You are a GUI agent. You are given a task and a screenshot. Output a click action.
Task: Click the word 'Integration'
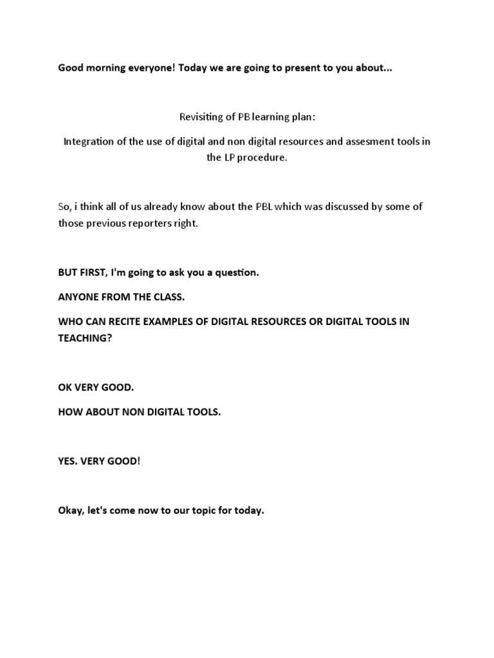pyautogui.click(x=88, y=141)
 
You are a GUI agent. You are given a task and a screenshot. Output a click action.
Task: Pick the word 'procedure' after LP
pyautogui.click(x=262, y=157)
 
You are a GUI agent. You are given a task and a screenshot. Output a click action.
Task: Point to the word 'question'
pyautogui.click(x=236, y=272)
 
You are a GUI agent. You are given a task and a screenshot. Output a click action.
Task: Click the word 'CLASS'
pyautogui.click(x=169, y=297)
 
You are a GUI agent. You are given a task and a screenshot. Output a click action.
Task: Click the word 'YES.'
pyautogui.click(x=68, y=462)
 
